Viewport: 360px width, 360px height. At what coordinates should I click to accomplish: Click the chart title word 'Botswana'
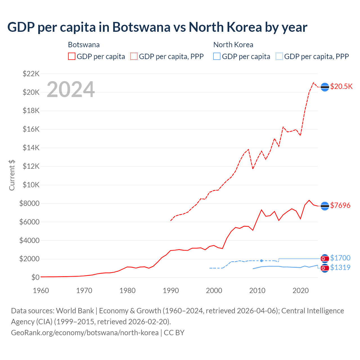(141, 27)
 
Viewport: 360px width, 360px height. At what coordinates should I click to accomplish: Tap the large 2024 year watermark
(71, 89)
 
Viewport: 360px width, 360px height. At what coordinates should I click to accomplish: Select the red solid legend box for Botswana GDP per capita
(72, 56)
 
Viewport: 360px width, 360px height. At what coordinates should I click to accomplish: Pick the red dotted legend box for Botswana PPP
(134, 56)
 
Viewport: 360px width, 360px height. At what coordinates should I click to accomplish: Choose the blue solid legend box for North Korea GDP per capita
(217, 56)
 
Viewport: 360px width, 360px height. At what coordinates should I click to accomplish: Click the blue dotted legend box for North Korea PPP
(279, 56)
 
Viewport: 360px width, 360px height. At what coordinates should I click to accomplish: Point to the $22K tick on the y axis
(31, 74)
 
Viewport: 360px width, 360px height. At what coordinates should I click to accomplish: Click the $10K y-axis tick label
(31, 185)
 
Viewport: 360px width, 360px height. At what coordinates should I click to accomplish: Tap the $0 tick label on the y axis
(35, 277)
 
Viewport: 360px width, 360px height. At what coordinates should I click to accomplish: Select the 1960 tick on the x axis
(41, 290)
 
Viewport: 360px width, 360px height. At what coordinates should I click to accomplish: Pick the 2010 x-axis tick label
(257, 290)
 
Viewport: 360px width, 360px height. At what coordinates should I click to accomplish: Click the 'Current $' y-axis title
(12, 175)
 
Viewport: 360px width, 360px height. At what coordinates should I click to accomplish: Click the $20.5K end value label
(341, 86)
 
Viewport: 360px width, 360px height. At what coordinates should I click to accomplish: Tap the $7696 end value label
(340, 205)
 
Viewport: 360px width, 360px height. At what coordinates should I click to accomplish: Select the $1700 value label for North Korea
(340, 258)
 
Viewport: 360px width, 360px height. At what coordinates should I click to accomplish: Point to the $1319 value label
(340, 267)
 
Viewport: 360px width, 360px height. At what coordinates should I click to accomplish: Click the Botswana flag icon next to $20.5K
(325, 87)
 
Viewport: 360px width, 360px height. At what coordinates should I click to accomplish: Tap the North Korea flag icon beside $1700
(325, 258)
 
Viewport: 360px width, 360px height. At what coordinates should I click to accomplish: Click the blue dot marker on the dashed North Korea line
(262, 261)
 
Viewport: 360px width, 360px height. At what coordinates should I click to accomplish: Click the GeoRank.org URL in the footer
(85, 332)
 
